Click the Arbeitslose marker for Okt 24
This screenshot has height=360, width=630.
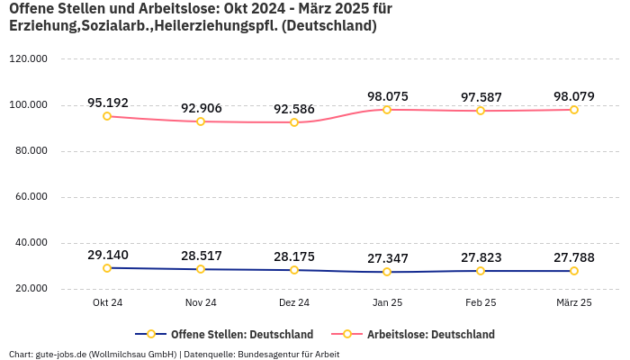point(107,116)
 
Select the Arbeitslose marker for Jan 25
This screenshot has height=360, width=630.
point(387,110)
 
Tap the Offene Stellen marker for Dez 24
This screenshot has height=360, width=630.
point(294,270)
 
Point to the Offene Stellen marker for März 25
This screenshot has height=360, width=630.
point(574,271)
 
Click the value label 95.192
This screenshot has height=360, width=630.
point(107,103)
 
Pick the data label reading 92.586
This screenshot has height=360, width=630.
point(294,109)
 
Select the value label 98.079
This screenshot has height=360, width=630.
point(574,96)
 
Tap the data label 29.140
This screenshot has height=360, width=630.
point(107,255)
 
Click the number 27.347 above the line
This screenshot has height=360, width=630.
point(387,258)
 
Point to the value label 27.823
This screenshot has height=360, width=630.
point(481,257)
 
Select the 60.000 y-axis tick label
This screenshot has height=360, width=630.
point(31,197)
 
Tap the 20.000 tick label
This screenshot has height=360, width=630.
point(31,289)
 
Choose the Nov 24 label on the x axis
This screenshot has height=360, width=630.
point(201,303)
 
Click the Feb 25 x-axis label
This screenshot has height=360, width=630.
point(481,303)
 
